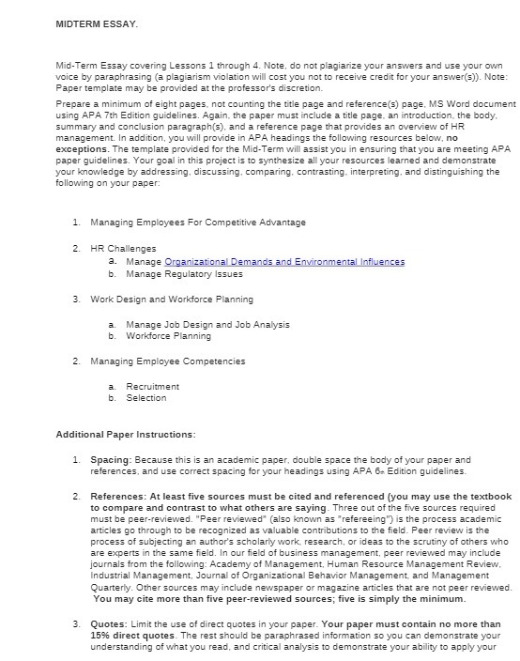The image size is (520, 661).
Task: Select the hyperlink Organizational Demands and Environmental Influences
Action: [284, 262]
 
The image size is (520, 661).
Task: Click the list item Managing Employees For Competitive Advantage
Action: [197, 223]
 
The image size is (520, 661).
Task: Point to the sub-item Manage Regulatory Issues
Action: [184, 274]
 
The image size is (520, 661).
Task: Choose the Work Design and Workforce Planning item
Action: [171, 300]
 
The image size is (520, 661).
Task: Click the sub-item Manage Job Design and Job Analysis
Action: [207, 325]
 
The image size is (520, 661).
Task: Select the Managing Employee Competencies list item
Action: [167, 361]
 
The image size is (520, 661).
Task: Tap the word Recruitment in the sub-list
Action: [152, 386]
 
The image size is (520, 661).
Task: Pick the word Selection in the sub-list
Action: [145, 398]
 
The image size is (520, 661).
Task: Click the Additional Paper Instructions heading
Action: [126, 435]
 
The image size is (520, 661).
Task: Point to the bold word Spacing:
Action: [112, 460]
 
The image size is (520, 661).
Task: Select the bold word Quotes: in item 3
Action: [109, 623]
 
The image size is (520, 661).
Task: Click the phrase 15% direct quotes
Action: [119, 635]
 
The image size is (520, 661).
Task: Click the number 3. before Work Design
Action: [76, 300]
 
